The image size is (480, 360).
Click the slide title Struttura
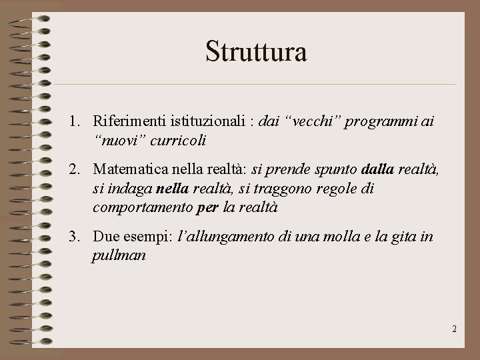pos(256,51)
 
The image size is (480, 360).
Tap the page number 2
pos(454,329)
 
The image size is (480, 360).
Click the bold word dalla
pos(378,170)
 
